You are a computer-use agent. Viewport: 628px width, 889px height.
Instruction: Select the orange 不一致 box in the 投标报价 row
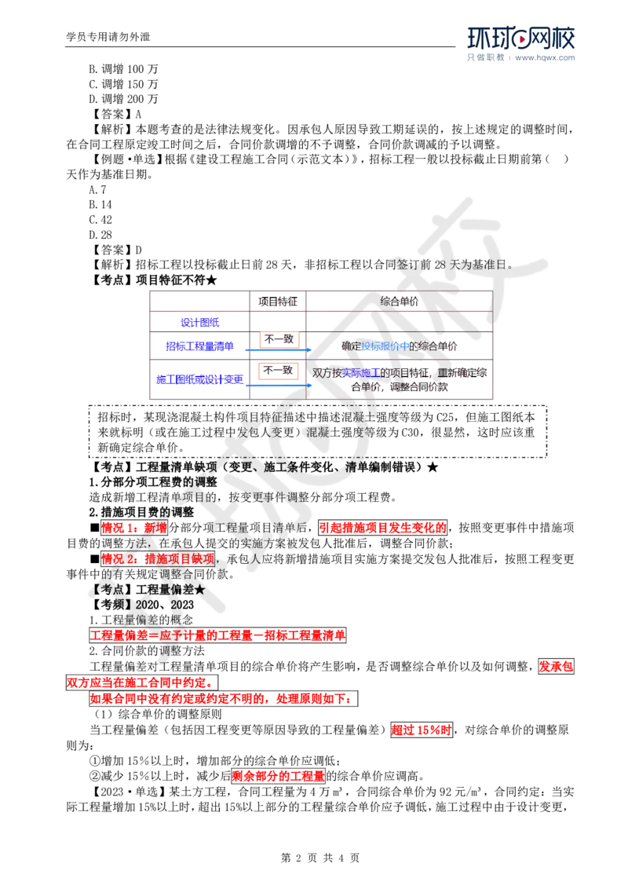279,338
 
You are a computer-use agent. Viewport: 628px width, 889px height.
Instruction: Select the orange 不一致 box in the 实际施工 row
279,369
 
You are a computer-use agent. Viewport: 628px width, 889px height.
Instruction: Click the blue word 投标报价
385,346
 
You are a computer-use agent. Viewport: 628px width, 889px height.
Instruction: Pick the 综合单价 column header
399,301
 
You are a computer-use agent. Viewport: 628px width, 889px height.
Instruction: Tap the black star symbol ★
199,589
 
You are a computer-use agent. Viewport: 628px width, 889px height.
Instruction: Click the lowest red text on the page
279,777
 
